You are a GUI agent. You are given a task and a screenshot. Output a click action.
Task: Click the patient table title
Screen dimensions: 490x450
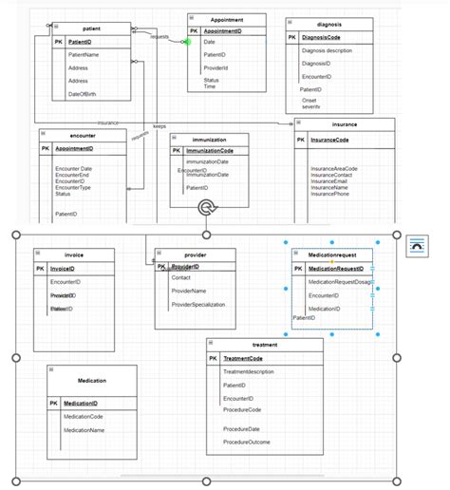pos(92,28)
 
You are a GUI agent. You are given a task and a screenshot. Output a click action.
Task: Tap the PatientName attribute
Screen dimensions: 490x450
pos(84,55)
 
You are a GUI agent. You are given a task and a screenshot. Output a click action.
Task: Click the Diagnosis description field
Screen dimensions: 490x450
pos(327,50)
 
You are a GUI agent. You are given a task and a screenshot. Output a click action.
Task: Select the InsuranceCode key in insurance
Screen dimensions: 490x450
pos(329,140)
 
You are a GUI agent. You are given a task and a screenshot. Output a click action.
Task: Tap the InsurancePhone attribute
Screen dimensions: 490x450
pos(329,194)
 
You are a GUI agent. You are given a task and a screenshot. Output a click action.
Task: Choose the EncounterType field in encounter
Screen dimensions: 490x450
pos(73,187)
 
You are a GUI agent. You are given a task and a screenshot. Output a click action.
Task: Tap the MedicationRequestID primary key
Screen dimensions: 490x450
pos(336,269)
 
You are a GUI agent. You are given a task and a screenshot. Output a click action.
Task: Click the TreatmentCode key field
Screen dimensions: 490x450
pos(243,358)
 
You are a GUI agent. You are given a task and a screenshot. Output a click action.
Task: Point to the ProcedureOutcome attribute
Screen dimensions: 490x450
pos(247,443)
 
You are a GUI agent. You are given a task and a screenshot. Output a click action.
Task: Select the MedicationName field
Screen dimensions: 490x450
pos(84,430)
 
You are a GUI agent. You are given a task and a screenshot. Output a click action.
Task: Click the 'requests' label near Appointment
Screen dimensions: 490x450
pos(159,36)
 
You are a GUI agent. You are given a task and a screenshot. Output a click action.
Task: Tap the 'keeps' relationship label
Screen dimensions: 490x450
pos(159,125)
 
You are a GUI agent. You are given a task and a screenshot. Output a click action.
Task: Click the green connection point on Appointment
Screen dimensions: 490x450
pos(187,41)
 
